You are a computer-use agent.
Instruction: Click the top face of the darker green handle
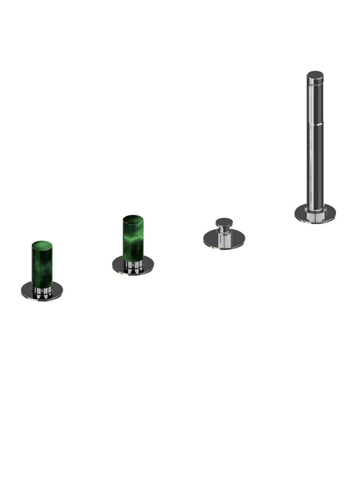click(x=42, y=244)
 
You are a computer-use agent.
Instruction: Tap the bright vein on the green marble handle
click(x=133, y=239)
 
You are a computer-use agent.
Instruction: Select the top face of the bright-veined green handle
click(x=133, y=219)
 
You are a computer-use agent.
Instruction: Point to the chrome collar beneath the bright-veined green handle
click(x=133, y=264)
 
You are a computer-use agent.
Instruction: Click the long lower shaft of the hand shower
click(x=315, y=165)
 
